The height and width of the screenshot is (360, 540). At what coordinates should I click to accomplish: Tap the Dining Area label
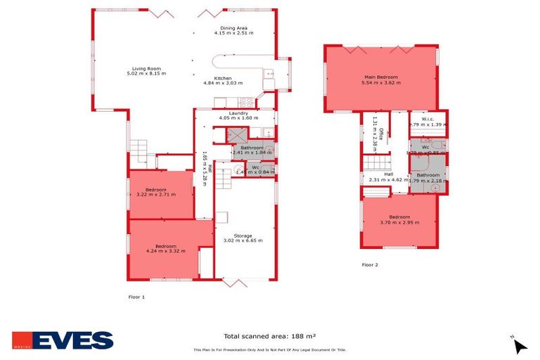(x=233, y=28)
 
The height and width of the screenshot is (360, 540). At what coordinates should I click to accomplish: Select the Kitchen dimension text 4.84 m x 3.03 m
(x=223, y=84)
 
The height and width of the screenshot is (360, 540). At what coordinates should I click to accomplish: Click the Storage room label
(x=243, y=236)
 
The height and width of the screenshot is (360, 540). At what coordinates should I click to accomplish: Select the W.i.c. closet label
(x=427, y=119)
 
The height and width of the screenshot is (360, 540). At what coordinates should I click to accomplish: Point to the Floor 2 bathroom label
(x=427, y=175)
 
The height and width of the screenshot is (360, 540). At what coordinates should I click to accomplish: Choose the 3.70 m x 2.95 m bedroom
(x=399, y=217)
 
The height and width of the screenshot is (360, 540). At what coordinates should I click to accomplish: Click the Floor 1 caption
(x=136, y=297)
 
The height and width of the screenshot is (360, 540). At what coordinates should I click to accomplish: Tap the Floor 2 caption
(x=370, y=265)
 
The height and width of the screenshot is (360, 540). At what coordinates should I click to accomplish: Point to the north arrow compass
(x=519, y=345)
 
